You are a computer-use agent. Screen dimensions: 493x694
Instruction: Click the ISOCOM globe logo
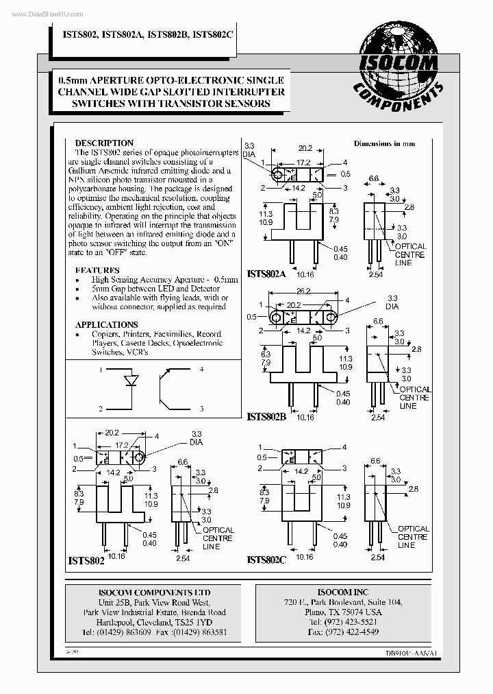399,64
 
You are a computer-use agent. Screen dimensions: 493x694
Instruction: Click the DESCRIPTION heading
104,143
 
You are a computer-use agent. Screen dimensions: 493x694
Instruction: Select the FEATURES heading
97,270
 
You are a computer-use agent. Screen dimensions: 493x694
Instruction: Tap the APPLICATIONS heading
106,324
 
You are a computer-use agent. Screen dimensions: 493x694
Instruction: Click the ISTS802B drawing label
266,416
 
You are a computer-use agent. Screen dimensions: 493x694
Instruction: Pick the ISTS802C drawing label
266,560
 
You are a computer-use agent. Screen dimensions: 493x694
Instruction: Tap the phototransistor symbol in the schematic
166,389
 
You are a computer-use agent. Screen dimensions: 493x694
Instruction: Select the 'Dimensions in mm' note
384,144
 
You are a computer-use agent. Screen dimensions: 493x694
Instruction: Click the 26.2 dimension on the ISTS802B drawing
304,290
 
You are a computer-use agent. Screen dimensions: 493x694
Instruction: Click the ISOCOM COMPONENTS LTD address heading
154,593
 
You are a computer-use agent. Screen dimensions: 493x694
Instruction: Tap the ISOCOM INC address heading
343,592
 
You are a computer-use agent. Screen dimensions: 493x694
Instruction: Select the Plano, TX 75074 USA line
343,612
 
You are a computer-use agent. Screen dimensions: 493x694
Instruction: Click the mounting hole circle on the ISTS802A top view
279,174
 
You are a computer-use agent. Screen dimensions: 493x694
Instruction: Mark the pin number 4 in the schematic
201,370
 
